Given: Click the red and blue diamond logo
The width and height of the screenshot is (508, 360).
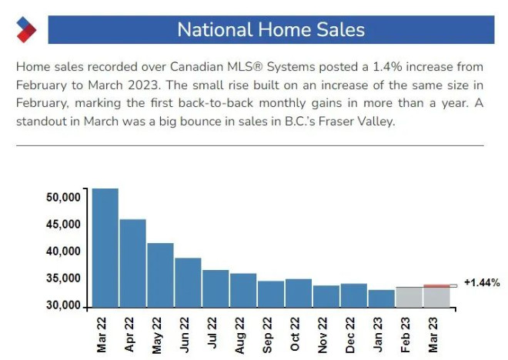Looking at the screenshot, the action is coord(26,29).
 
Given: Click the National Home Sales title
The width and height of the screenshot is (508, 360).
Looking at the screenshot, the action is coord(271,29).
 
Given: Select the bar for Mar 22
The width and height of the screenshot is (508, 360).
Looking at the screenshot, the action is coord(105,248).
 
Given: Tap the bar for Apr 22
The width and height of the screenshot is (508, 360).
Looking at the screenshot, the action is coord(133,263).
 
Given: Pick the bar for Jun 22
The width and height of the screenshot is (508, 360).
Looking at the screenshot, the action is coord(188,282).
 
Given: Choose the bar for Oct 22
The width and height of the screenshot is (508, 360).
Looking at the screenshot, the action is coord(299,293).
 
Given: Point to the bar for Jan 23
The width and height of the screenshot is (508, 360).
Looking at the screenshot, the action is coord(381,298).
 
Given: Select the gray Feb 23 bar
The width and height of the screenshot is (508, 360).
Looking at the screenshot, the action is coord(409,297).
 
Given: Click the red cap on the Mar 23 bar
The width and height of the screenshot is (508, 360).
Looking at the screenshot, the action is coord(436,286).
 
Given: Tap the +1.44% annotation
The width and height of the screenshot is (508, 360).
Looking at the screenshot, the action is coord(482,282).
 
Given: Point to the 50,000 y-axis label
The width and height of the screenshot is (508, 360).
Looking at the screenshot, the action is coord(63,197).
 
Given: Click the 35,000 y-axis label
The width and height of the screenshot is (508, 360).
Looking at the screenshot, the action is coord(63,278).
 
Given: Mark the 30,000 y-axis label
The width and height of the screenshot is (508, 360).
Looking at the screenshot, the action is coord(63,305).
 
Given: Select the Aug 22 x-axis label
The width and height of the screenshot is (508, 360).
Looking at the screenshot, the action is coord(239,335).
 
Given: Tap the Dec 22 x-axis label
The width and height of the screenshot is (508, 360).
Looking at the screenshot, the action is coord(350,335).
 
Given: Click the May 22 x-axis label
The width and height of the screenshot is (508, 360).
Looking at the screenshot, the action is coord(157,335).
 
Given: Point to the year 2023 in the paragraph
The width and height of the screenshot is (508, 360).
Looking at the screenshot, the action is coord(144,85).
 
